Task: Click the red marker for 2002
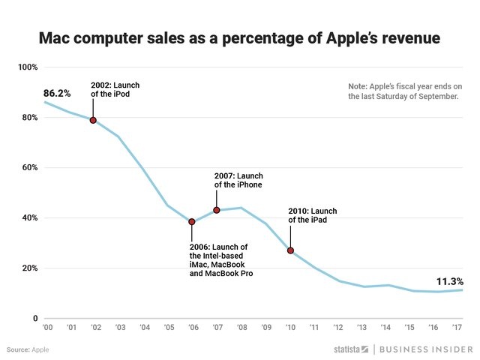click(93, 120)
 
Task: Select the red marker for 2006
click(191, 222)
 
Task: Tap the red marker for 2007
click(216, 210)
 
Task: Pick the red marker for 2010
click(290, 250)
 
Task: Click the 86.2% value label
click(57, 94)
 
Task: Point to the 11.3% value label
click(449, 281)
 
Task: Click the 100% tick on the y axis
click(28, 67)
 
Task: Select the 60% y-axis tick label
click(29, 168)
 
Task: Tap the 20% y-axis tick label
click(29, 268)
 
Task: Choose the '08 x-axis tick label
click(241, 328)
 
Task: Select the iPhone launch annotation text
click(238, 180)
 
